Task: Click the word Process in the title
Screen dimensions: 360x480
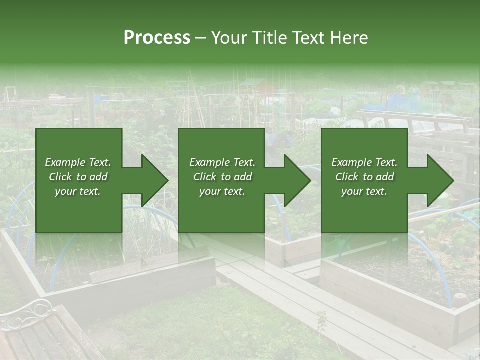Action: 157,37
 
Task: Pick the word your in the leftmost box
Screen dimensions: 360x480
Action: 65,191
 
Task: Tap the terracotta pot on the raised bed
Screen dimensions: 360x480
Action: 459,300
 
